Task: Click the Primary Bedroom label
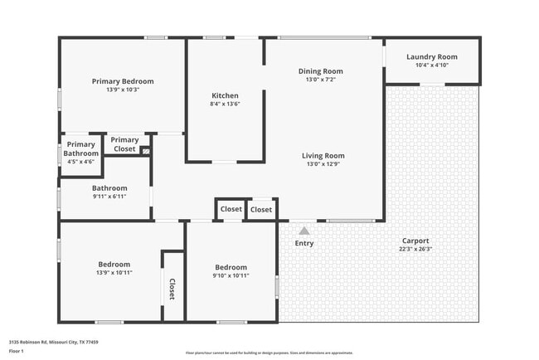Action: [x=123, y=81]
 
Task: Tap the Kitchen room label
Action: [x=225, y=96]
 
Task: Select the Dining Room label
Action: [x=320, y=71]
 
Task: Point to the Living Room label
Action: [x=323, y=155]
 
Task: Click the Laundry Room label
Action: [x=431, y=57]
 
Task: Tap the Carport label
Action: [x=415, y=241]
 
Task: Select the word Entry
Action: [x=304, y=243]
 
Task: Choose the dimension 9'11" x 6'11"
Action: [x=109, y=197]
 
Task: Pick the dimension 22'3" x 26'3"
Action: [x=415, y=249]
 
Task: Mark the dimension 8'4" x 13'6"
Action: [x=225, y=105]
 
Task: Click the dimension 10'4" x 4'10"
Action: [x=431, y=65]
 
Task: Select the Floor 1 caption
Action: [x=17, y=351]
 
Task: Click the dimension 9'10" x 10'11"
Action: [x=230, y=275]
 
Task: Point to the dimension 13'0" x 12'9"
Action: [x=323, y=163]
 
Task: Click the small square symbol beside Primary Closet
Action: [x=145, y=151]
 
